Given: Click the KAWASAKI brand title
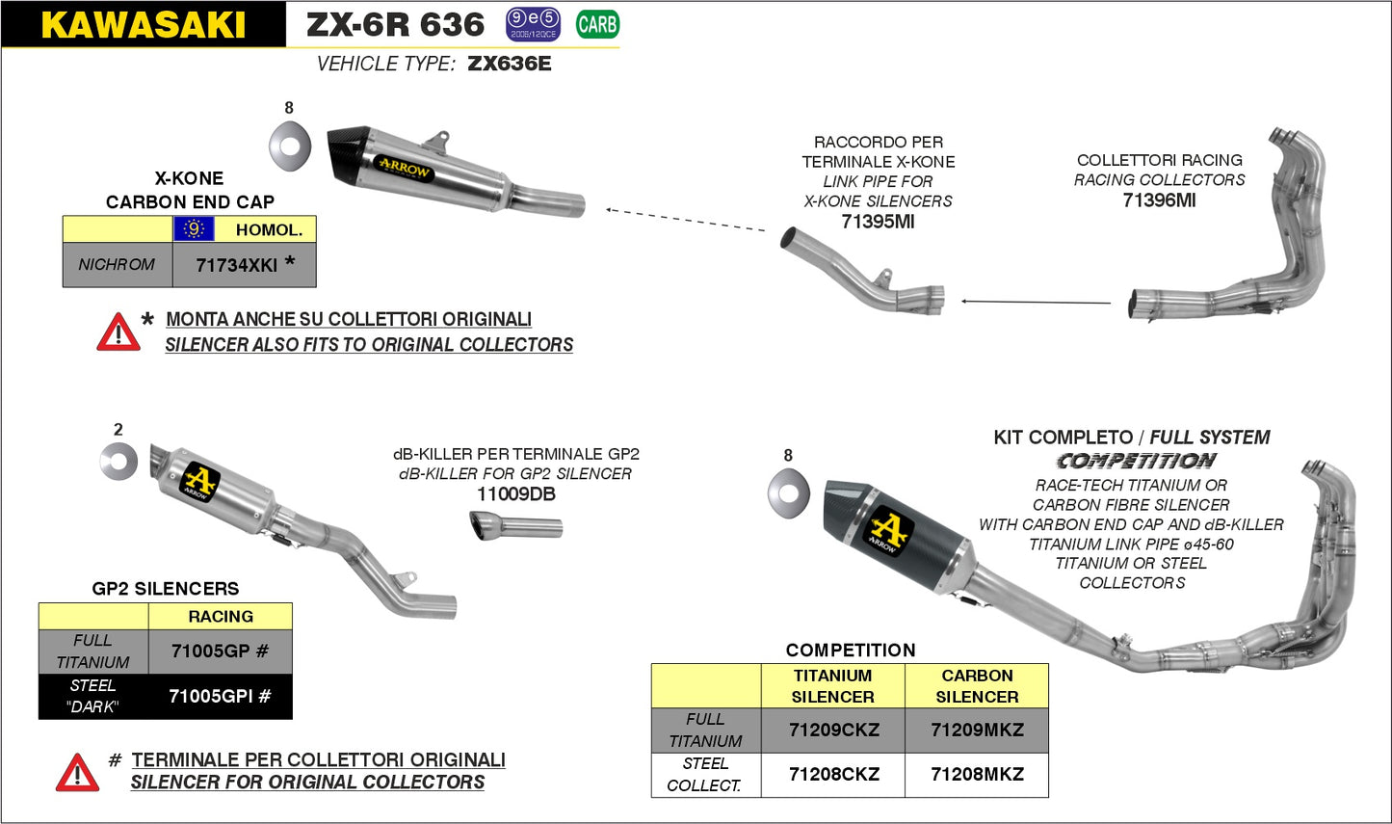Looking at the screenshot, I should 143,25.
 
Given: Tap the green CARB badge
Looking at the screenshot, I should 597,24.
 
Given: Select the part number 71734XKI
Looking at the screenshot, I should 236,265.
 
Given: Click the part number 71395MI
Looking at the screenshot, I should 878,222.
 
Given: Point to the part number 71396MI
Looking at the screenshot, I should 1159,200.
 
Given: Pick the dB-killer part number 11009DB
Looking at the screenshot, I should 515,494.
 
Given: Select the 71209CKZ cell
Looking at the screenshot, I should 833,731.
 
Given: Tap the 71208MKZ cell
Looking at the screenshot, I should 977,775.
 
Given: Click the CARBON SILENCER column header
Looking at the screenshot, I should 977,686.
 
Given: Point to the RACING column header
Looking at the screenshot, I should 221,617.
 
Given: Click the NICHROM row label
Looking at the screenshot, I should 117,265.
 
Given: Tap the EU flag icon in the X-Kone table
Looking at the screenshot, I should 194,229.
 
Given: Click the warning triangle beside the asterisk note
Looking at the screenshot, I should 118,332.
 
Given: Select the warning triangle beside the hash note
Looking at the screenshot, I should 77,773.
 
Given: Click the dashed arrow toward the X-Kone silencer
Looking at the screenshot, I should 686,219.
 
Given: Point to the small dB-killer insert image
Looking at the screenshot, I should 516,527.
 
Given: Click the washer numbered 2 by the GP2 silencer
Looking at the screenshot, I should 118,462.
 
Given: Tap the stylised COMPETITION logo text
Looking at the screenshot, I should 1136,461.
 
